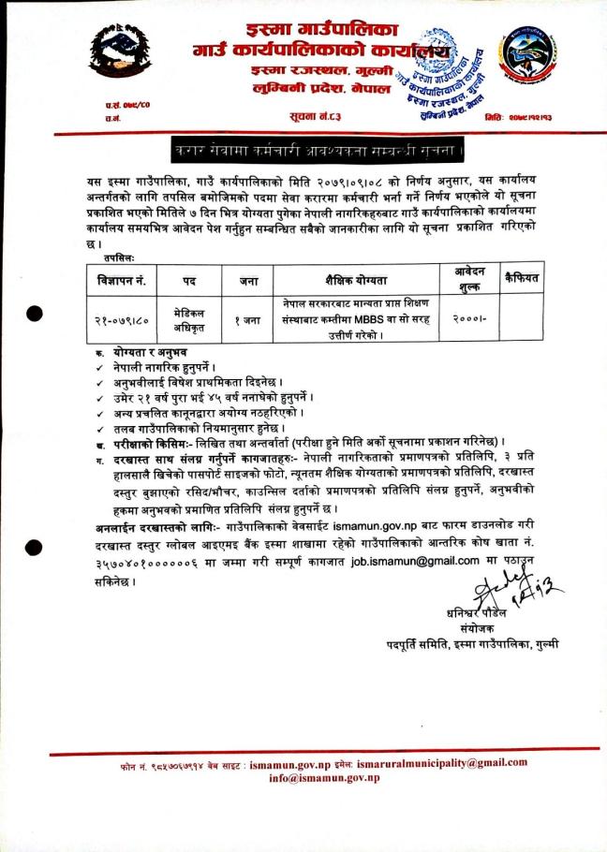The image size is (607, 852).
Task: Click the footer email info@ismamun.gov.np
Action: (323, 778)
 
